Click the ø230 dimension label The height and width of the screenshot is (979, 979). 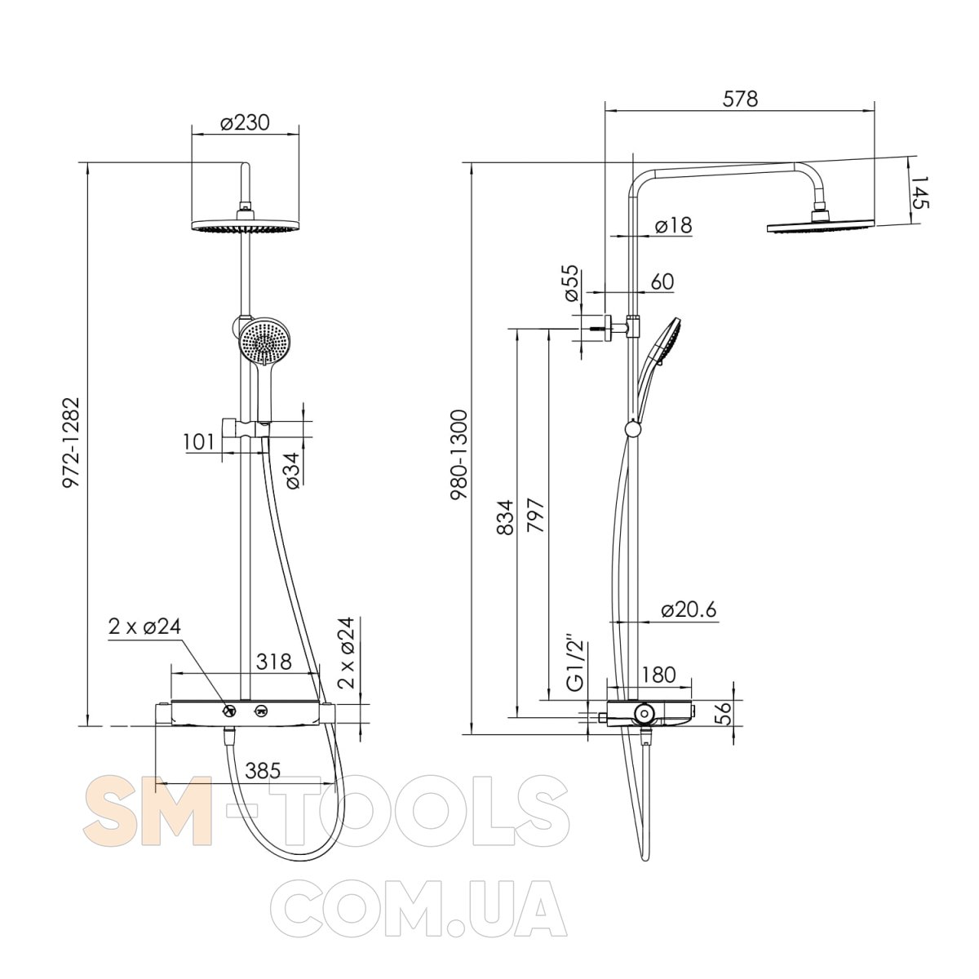[246, 122]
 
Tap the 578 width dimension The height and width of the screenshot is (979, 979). [740, 99]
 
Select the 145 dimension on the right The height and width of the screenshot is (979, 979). [920, 193]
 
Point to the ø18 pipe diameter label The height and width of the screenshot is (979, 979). [673, 224]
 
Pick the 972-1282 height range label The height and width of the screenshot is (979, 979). [71, 442]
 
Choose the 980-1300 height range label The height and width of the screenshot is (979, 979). [459, 456]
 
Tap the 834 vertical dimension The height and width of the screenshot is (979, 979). [504, 517]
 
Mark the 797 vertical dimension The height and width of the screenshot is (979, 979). [535, 515]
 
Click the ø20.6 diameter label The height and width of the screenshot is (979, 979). [689, 609]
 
